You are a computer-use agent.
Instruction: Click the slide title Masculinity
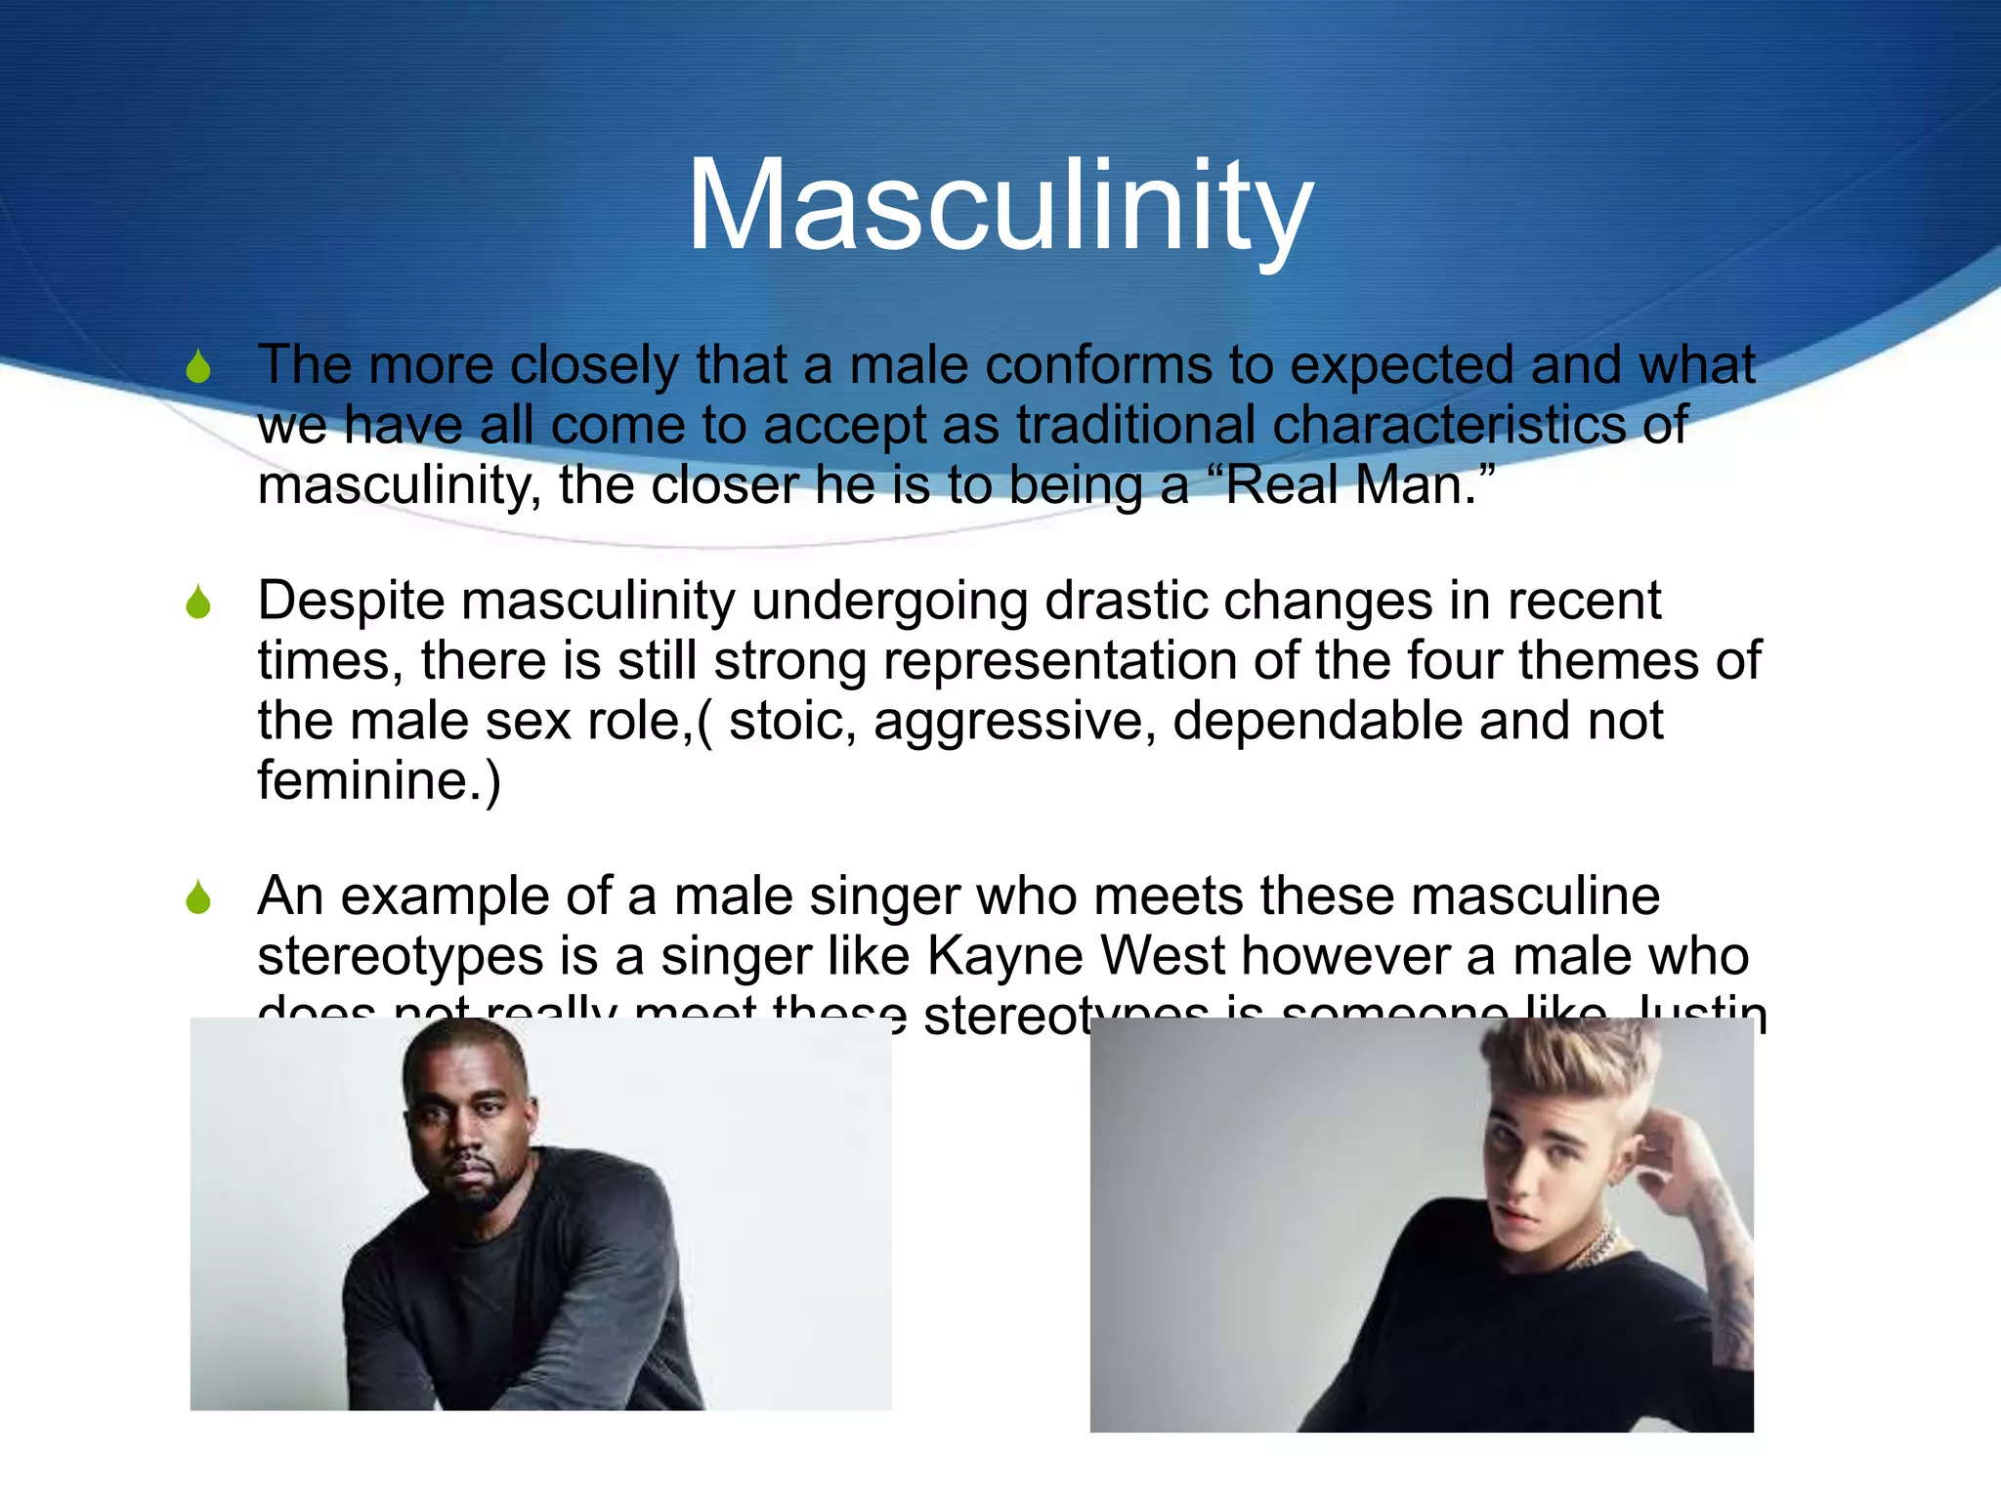pos(1000,207)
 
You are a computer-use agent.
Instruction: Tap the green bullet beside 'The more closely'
pos(198,367)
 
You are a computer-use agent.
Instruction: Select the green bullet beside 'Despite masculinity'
pos(198,603)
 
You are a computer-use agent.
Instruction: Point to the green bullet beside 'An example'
pos(198,897)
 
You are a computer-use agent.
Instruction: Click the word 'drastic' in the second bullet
pos(1126,601)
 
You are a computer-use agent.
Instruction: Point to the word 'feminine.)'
pos(379,781)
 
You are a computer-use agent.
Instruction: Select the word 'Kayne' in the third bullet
pos(1004,957)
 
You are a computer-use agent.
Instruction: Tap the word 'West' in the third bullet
pos(1163,955)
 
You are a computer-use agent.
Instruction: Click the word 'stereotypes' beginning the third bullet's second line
pos(401,957)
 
